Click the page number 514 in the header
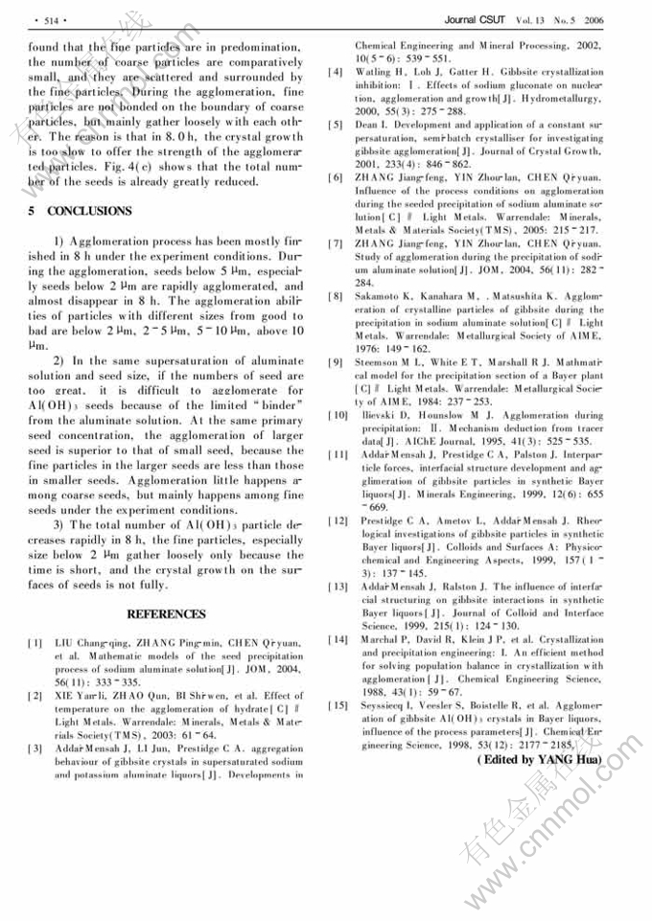click(45, 19)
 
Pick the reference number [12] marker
click(337, 520)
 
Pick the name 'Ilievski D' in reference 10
click(376, 416)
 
